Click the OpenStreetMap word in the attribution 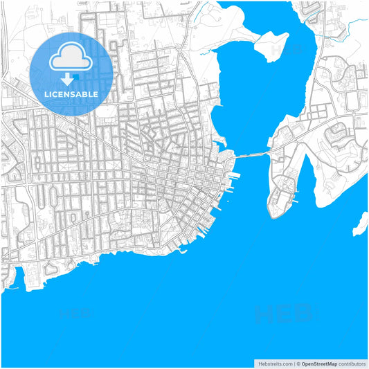click(x=318, y=363)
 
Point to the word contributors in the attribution click(x=352, y=363)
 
